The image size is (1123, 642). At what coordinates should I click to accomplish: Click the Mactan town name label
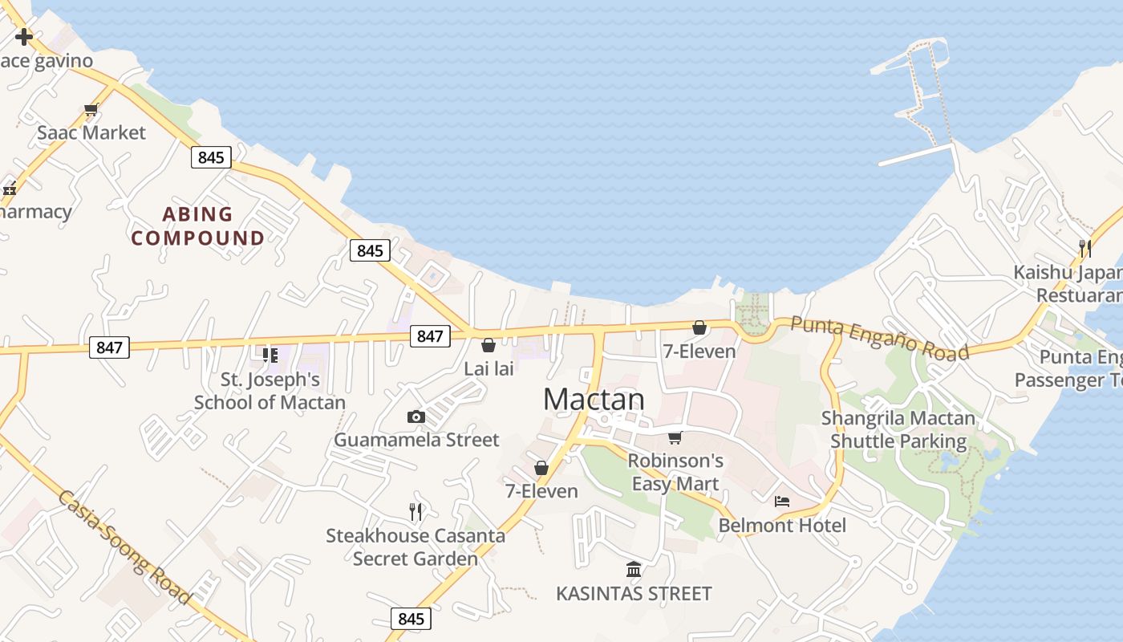pos(594,400)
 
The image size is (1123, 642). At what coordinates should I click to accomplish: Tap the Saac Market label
pos(91,132)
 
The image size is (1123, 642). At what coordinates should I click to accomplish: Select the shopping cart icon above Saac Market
pos(91,110)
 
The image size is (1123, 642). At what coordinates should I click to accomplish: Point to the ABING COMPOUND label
pos(198,226)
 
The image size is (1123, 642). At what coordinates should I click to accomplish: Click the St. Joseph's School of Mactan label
pos(270,391)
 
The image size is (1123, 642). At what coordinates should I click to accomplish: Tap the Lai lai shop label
pos(489,369)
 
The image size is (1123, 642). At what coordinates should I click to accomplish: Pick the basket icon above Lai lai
pos(488,345)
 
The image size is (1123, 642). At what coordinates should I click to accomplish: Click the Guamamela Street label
pos(416,440)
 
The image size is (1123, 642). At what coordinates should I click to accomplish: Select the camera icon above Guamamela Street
pos(416,416)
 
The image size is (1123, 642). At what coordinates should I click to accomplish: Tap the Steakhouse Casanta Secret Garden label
pos(416,547)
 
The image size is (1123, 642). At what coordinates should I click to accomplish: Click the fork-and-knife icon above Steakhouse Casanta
pos(416,511)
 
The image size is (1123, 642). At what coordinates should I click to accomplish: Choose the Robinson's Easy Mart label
pos(675,472)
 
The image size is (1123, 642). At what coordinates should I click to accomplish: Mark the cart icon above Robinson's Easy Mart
pos(675,437)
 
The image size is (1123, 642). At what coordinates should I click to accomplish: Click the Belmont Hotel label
pos(782,526)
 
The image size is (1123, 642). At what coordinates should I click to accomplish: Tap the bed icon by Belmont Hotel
pos(782,502)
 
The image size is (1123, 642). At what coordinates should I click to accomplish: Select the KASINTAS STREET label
pos(634,594)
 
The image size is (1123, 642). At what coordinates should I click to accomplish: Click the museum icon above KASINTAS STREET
pos(634,570)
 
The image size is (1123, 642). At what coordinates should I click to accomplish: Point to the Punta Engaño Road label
pos(879,338)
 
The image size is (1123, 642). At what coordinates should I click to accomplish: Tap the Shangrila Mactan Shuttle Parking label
pos(898,429)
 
